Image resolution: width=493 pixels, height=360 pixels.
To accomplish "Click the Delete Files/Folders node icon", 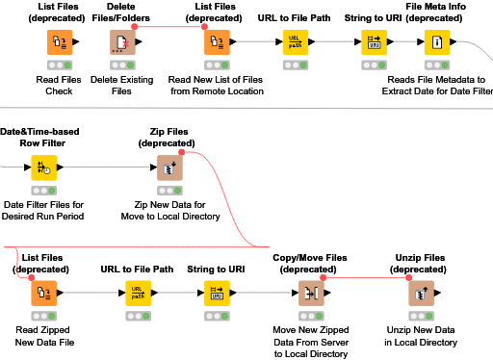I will [x=122, y=42].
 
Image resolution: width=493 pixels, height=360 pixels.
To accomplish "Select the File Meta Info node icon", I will [x=434, y=42].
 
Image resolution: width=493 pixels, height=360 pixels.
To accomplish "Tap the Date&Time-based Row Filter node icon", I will [x=43, y=167].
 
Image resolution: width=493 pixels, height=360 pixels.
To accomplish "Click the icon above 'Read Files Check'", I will [x=59, y=42].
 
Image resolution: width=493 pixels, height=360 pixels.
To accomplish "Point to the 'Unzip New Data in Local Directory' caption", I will [x=420, y=336].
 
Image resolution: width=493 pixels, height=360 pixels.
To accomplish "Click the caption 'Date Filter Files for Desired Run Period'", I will [x=44, y=210].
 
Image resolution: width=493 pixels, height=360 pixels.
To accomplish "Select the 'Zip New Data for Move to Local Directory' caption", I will [x=170, y=210].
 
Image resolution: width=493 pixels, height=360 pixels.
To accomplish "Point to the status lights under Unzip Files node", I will [x=420, y=315].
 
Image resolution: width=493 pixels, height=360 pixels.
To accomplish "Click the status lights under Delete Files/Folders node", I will [x=122, y=64].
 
